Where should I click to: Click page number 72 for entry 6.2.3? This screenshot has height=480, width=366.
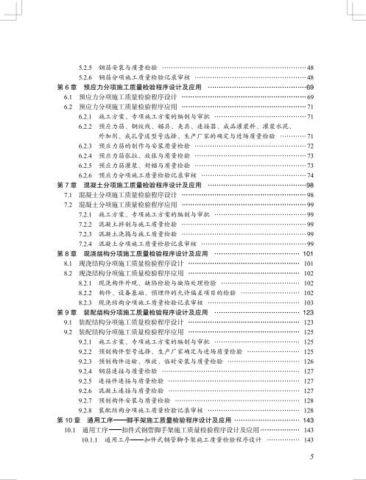pos(311,147)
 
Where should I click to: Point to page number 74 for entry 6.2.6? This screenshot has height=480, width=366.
pos(311,176)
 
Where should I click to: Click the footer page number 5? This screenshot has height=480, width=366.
pos(313,456)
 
